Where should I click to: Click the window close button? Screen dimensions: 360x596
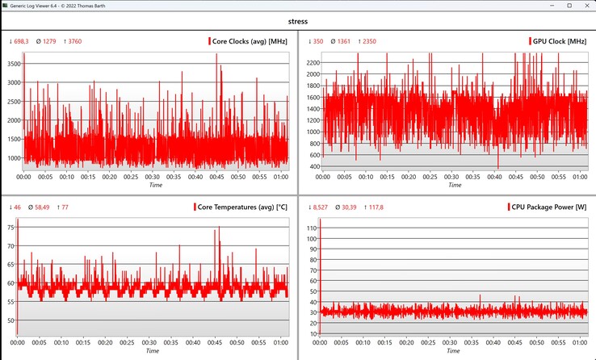(582, 6)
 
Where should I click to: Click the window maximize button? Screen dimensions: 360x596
(555, 6)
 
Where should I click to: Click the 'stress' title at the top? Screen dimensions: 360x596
(297, 23)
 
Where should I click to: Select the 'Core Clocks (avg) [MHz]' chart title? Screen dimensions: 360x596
(250, 40)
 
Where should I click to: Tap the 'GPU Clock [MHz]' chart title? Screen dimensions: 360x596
(560, 40)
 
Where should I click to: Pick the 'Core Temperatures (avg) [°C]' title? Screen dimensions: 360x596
(241, 207)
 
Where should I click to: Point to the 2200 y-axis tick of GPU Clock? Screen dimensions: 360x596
(311, 61)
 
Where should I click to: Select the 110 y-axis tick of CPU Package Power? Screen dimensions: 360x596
(311, 228)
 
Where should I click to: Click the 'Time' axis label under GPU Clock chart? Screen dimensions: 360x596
(455, 185)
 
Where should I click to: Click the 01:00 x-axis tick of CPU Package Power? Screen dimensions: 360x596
(579, 343)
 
